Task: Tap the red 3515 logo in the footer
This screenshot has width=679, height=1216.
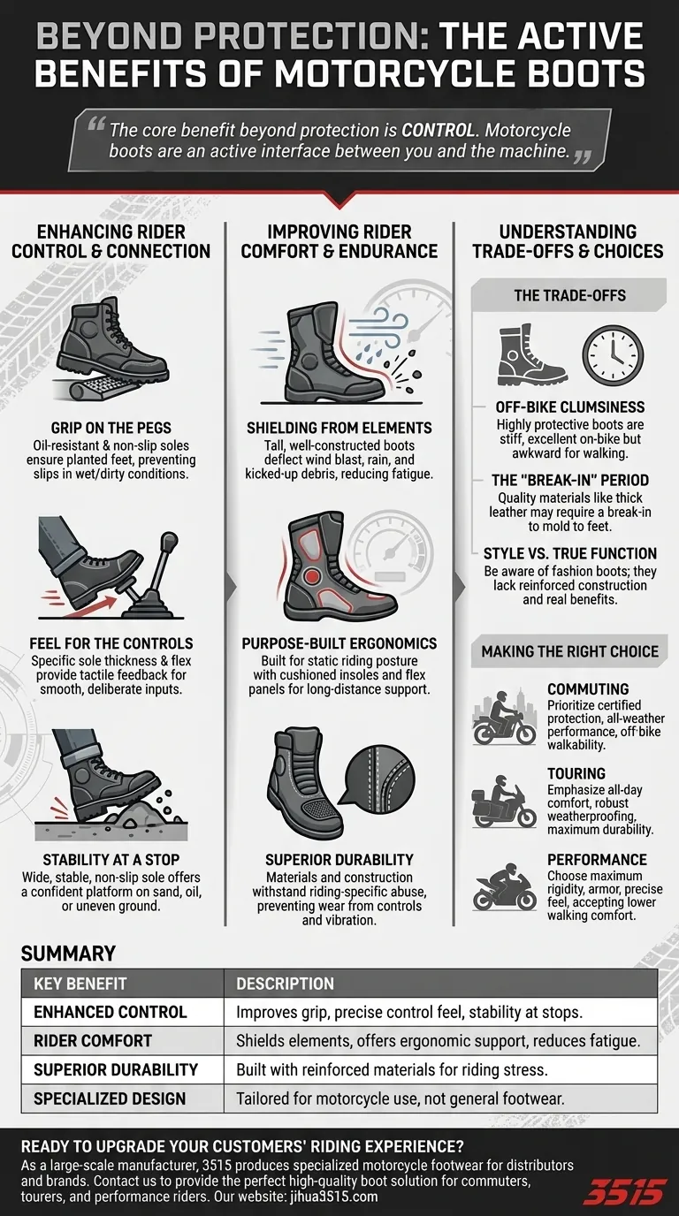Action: (x=624, y=1191)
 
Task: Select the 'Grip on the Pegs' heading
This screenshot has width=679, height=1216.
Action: (x=111, y=428)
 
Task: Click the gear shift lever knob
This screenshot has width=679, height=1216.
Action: (x=170, y=540)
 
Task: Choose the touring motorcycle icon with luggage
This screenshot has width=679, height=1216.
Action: (x=504, y=802)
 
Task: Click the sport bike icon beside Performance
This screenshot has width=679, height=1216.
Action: (x=504, y=886)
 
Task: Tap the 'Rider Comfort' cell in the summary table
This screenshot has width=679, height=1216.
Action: (x=92, y=1041)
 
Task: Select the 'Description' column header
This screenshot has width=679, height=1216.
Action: (x=285, y=984)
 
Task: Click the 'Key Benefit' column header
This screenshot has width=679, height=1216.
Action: (x=80, y=984)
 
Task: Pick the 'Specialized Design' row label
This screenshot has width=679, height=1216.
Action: (x=109, y=1098)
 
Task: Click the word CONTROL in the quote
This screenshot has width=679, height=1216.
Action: (x=438, y=130)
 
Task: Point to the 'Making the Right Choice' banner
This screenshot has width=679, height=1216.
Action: (x=568, y=651)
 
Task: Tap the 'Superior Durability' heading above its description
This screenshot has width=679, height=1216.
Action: (x=339, y=859)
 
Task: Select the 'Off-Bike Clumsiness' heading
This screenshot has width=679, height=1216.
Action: (x=570, y=407)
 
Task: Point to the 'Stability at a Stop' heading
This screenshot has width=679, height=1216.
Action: (x=111, y=859)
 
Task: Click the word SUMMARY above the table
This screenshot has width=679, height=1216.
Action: (x=68, y=954)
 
